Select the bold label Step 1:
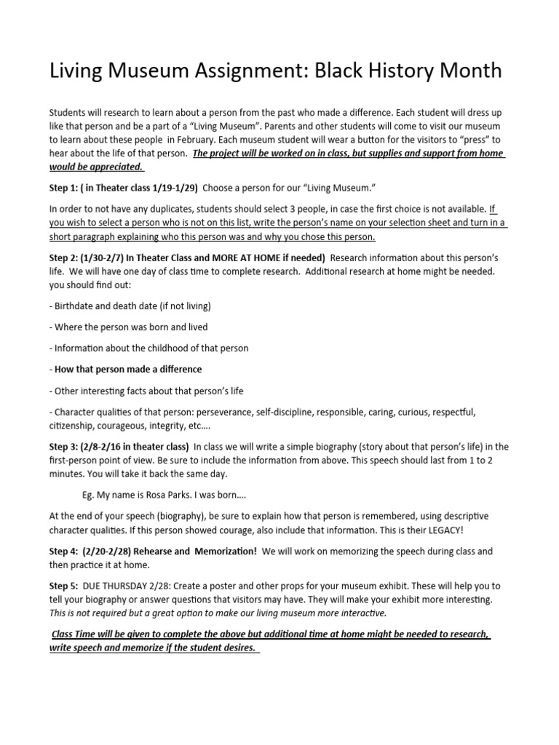tap(66, 188)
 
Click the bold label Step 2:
tap(66, 258)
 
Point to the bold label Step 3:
tap(66, 447)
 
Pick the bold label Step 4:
tap(66, 551)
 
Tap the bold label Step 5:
tap(66, 586)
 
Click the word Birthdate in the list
tap(78, 306)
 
